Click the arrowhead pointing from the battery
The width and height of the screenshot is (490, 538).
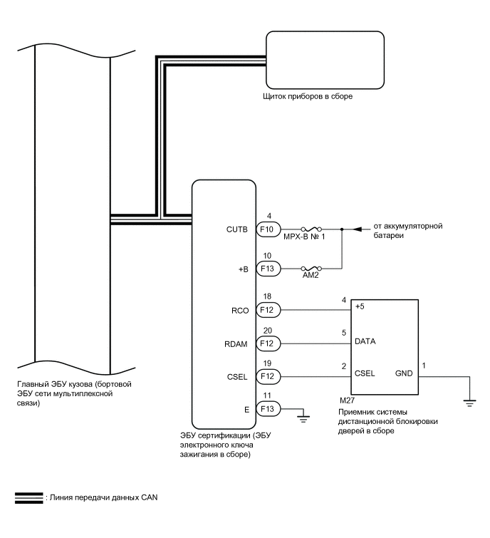click(x=359, y=229)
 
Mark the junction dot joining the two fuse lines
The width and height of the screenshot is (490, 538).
click(x=343, y=230)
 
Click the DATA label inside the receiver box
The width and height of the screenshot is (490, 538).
click(x=365, y=341)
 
